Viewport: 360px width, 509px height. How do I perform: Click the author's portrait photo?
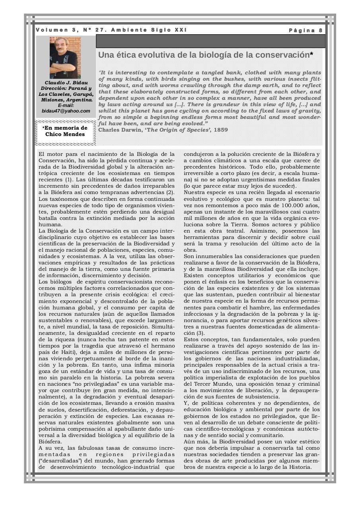[x=65, y=57]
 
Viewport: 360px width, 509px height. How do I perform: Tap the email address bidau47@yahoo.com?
[x=66, y=111]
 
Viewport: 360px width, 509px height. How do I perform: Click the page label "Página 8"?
[x=306, y=30]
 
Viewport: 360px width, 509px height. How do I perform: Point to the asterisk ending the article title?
[x=311, y=54]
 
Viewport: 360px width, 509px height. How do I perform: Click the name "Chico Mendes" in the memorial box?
[x=65, y=134]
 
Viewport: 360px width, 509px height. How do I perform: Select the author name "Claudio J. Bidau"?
[x=66, y=82]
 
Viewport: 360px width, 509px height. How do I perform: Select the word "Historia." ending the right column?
[x=298, y=467]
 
